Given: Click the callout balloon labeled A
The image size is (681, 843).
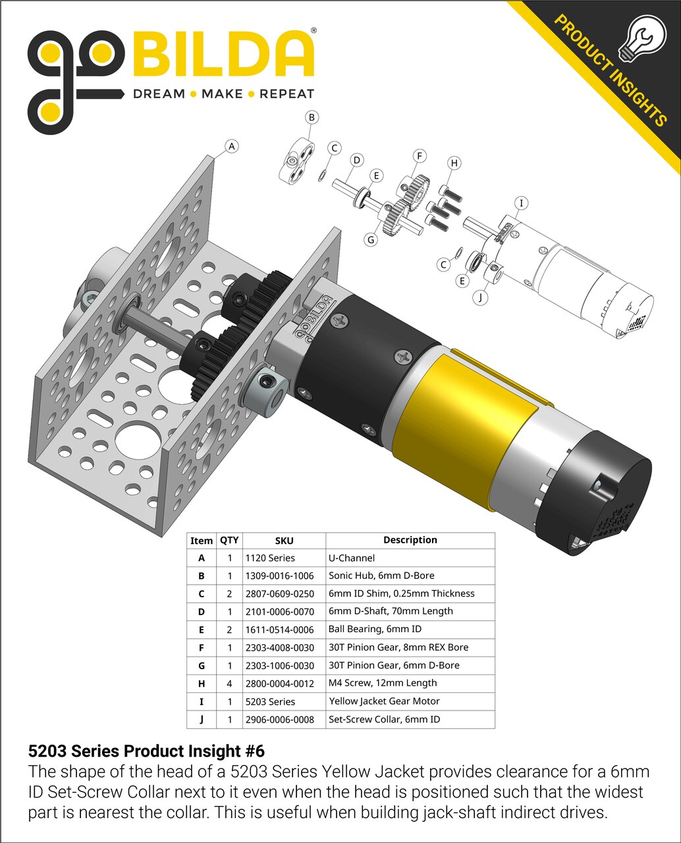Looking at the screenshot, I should tap(231, 146).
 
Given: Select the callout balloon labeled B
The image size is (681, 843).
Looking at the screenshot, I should tap(312, 117).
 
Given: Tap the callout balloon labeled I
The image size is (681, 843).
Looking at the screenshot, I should tap(522, 203).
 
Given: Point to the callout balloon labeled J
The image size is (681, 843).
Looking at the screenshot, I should tap(481, 297).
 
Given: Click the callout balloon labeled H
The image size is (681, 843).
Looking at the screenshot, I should tap(454, 163).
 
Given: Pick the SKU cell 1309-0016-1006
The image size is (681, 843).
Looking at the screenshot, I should tap(279, 576).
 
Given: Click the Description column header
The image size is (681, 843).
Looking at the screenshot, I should tap(410, 540).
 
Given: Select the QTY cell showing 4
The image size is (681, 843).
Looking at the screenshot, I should tap(229, 684).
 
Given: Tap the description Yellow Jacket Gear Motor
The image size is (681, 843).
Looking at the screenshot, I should tap(384, 701).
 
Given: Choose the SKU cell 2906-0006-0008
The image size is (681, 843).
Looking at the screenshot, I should tap(279, 719).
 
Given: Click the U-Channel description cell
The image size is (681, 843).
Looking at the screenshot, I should tap(352, 558).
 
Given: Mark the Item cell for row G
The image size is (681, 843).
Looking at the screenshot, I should tap(202, 666).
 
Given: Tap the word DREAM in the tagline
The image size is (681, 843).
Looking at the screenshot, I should tap(159, 94).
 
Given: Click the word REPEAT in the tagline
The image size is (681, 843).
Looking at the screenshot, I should tap(286, 94).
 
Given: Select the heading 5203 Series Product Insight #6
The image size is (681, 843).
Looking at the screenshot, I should tap(146, 751).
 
